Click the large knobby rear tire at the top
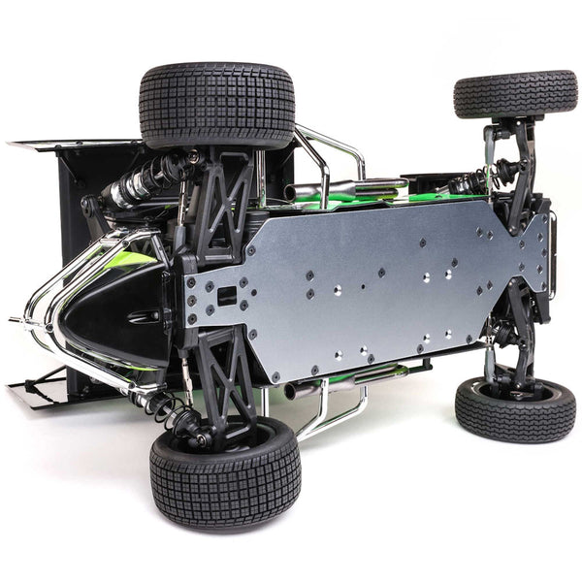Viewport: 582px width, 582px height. pyautogui.click(x=217, y=105)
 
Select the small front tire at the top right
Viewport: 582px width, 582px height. pyautogui.click(x=515, y=94)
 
